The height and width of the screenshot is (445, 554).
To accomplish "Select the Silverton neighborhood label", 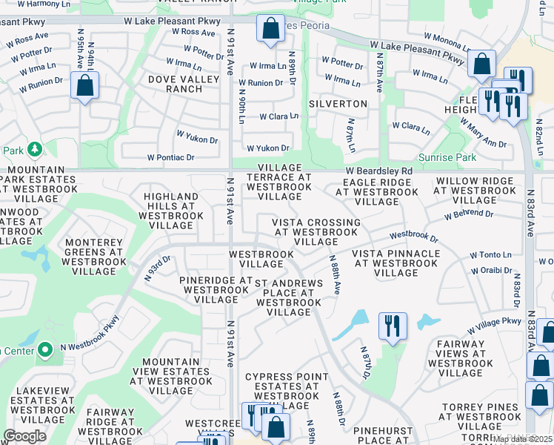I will pyautogui.click(x=338, y=104).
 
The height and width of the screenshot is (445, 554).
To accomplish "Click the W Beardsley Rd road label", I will pyautogui.click(x=378, y=171).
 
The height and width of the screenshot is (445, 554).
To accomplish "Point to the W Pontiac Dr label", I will pyautogui.click(x=170, y=157).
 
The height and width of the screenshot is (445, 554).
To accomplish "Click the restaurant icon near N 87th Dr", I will pyautogui.click(x=393, y=326).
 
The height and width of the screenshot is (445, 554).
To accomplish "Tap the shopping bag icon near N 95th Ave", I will pyautogui.click(x=85, y=85).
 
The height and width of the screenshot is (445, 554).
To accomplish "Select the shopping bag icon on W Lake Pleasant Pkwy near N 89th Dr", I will pyautogui.click(x=270, y=28).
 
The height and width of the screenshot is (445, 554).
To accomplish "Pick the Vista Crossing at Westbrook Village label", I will pyautogui.click(x=316, y=232).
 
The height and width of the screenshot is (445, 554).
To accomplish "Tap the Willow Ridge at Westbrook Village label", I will pyautogui.click(x=474, y=191).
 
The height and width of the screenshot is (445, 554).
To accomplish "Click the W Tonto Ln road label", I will pyautogui.click(x=490, y=254).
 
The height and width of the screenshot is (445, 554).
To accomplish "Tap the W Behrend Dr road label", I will pyautogui.click(x=468, y=214).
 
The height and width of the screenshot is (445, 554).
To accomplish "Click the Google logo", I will pyautogui.click(x=24, y=436).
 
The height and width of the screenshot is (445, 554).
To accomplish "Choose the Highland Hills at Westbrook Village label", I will pyautogui.click(x=171, y=210).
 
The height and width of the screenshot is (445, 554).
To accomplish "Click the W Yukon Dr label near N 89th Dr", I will pyautogui.click(x=267, y=148).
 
